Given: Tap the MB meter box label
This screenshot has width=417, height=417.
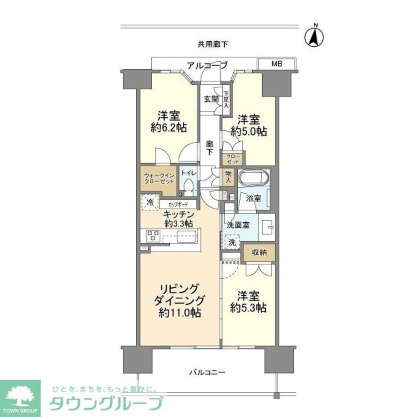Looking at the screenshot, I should pos(277,64).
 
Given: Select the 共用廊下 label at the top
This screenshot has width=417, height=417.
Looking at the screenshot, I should pos(213,44).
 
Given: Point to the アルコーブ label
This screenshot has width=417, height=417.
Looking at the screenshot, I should pos(207,65).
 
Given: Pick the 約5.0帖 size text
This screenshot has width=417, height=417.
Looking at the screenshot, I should pos(249,132).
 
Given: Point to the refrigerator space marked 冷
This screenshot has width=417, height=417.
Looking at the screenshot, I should pos(150,202).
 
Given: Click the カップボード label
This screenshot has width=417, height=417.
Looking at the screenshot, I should pos(178,205).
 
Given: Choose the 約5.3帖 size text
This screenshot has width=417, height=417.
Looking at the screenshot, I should pos(249,308).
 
